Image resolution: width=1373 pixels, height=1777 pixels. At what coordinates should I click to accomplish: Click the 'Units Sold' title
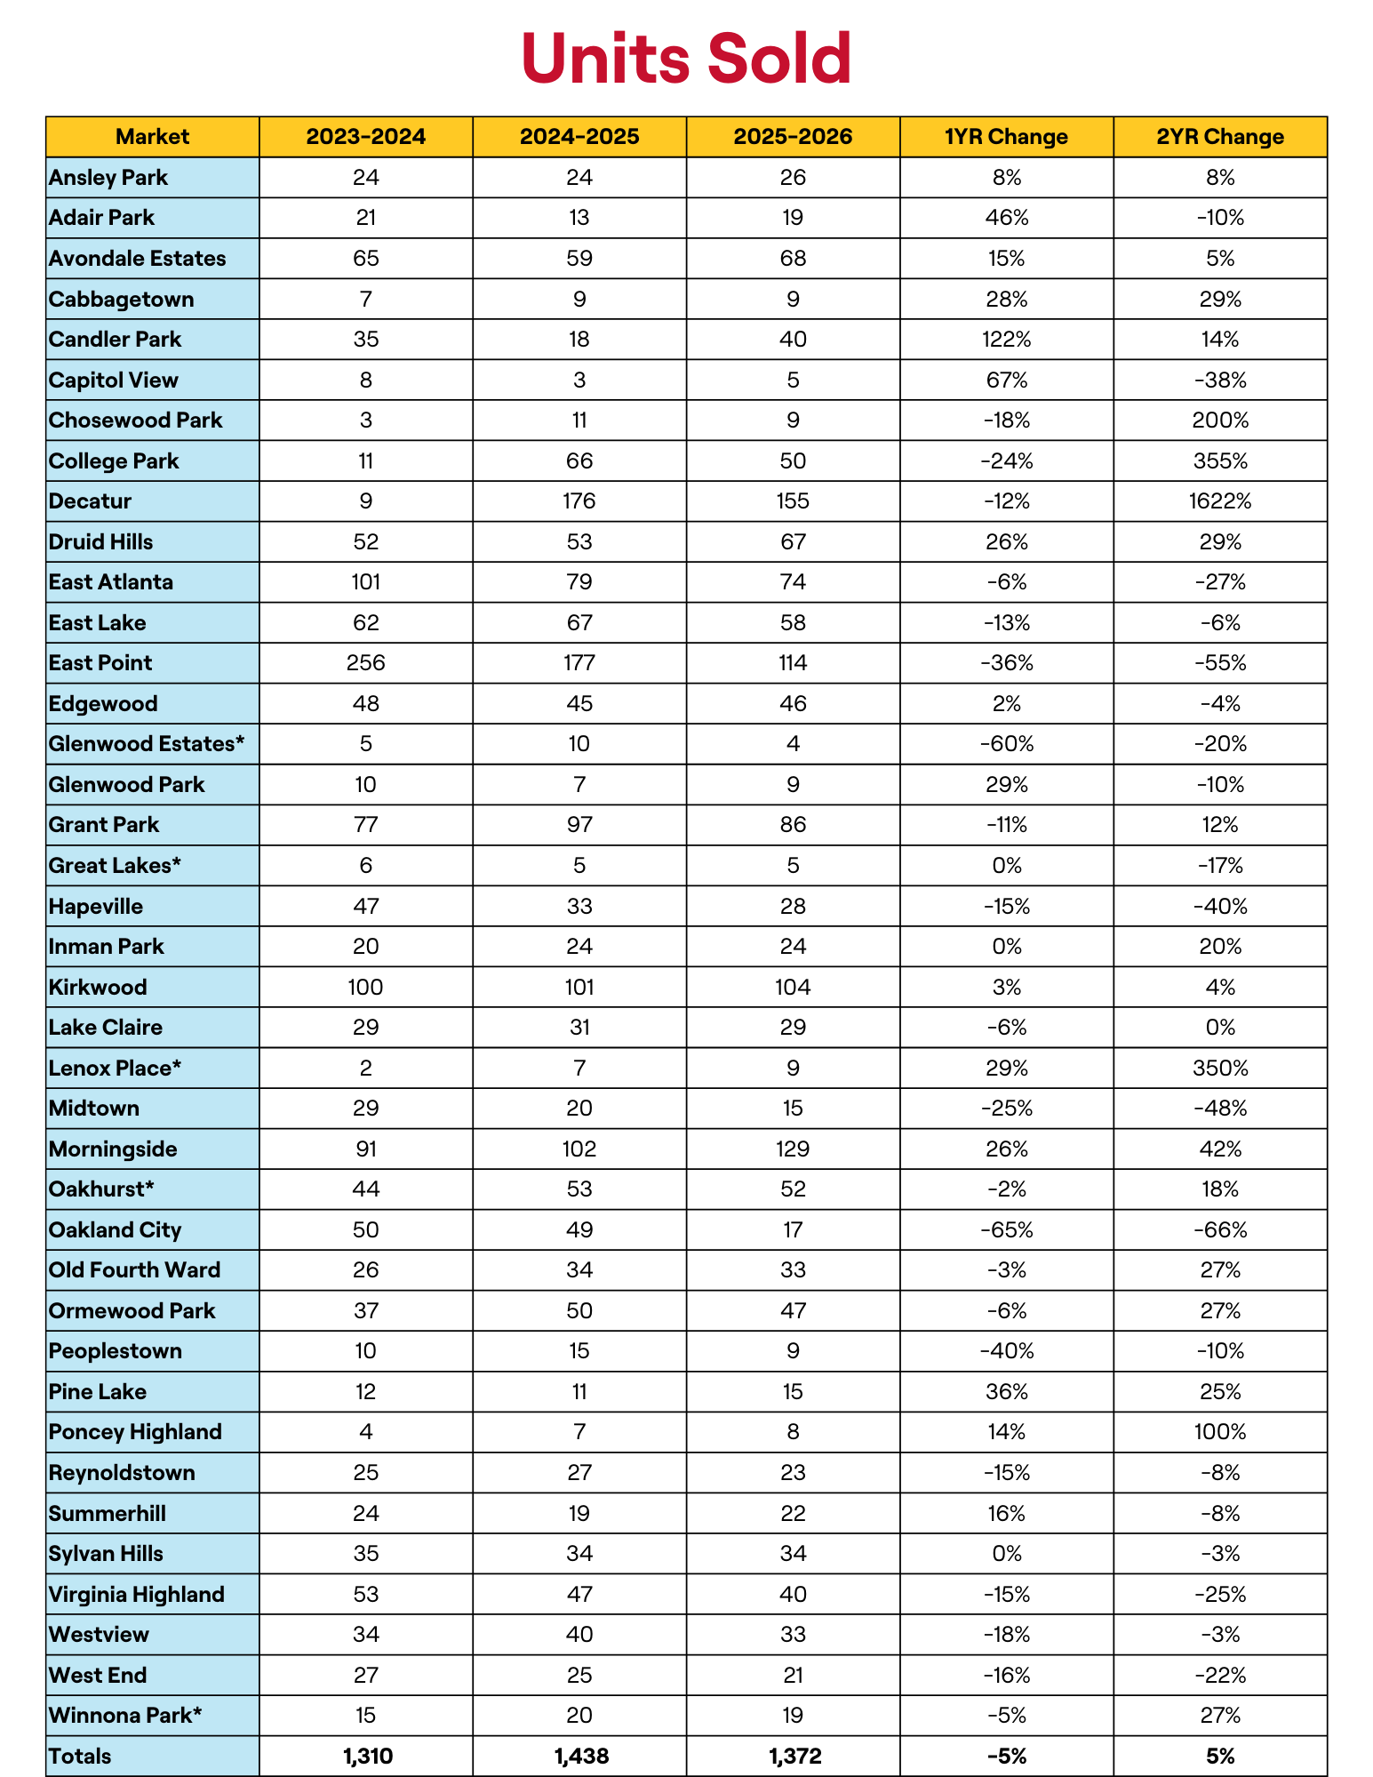686,59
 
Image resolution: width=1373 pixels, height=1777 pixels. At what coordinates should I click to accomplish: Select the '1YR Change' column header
1006,137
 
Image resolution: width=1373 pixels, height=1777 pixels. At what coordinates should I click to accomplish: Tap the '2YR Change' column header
1219,137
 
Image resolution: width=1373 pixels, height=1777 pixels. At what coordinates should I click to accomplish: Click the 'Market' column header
152,137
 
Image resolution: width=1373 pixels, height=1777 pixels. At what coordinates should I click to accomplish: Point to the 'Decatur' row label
91,501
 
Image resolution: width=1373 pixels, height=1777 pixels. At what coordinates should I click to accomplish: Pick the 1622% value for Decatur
1219,501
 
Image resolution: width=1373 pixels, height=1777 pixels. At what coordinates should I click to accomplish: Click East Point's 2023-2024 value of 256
365,663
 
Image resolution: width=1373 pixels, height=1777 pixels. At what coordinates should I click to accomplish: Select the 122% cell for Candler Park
1006,340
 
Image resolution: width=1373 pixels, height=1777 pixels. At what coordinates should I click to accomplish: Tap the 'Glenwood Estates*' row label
147,744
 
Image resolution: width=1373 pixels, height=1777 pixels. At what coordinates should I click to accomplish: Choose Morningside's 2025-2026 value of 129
793,1149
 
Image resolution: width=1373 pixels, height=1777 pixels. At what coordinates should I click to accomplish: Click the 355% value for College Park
1219,461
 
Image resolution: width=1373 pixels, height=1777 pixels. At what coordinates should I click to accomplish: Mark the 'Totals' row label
81,1757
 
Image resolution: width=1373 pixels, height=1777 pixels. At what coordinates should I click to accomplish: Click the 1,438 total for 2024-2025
579,1757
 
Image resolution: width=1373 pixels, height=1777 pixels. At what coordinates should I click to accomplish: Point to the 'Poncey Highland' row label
135,1432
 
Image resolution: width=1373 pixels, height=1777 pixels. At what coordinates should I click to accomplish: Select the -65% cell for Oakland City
1006,1230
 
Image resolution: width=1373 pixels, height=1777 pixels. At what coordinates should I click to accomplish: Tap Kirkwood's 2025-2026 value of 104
793,988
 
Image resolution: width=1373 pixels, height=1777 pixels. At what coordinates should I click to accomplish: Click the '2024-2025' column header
579,137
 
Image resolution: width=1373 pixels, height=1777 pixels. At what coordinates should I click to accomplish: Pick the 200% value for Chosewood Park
1219,420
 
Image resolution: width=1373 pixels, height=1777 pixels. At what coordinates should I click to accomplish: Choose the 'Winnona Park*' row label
125,1716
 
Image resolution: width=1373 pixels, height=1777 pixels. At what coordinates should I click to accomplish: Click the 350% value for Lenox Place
1219,1069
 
